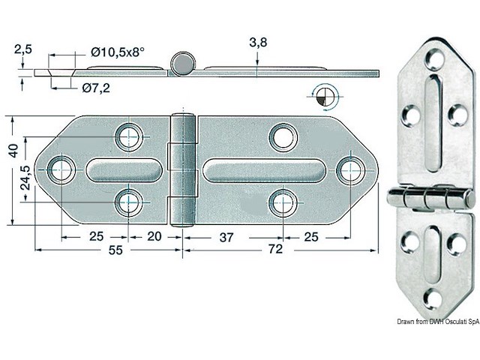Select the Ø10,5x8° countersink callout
[118, 52]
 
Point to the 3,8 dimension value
[257, 43]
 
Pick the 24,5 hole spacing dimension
[27, 180]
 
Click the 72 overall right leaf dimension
[275, 250]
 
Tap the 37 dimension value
[226, 237]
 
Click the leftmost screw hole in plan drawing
[61, 169]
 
